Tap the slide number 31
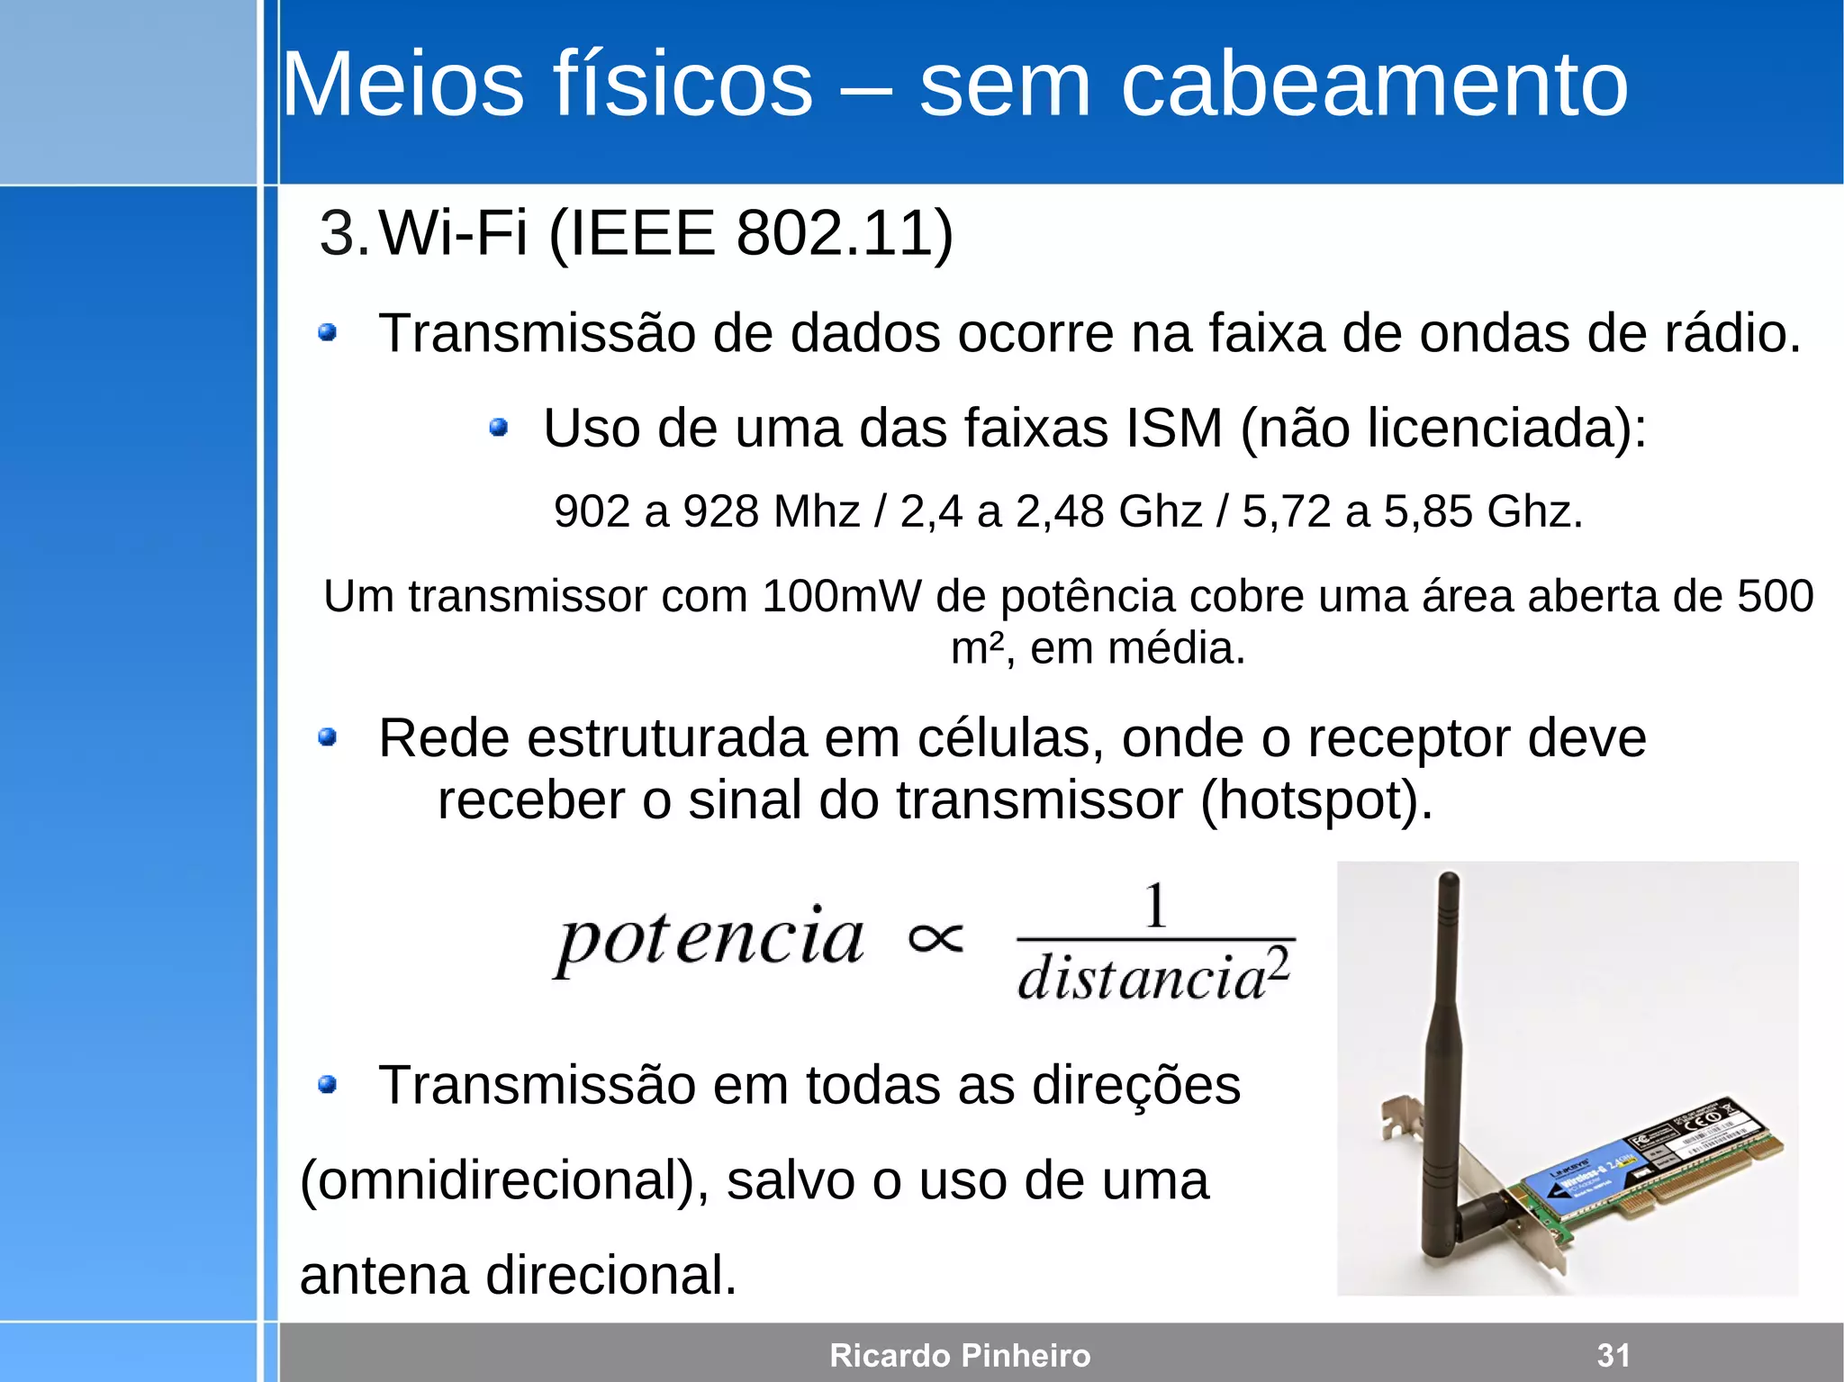pyautogui.click(x=1613, y=1355)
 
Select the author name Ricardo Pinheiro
pyautogui.click(x=960, y=1355)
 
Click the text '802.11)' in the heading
pyautogui.click(x=844, y=233)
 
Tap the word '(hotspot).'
pyautogui.click(x=1316, y=800)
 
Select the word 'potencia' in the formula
pyautogui.click(x=710, y=939)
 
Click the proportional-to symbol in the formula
pyautogui.click(x=936, y=939)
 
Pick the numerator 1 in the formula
pyautogui.click(x=1155, y=906)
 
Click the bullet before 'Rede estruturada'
pyautogui.click(x=328, y=738)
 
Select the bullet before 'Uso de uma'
pyautogui.click(x=499, y=427)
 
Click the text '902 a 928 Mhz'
pyautogui.click(x=707, y=511)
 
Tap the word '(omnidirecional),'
pyautogui.click(x=504, y=1180)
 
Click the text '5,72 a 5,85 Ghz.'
pyautogui.click(x=1412, y=511)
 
